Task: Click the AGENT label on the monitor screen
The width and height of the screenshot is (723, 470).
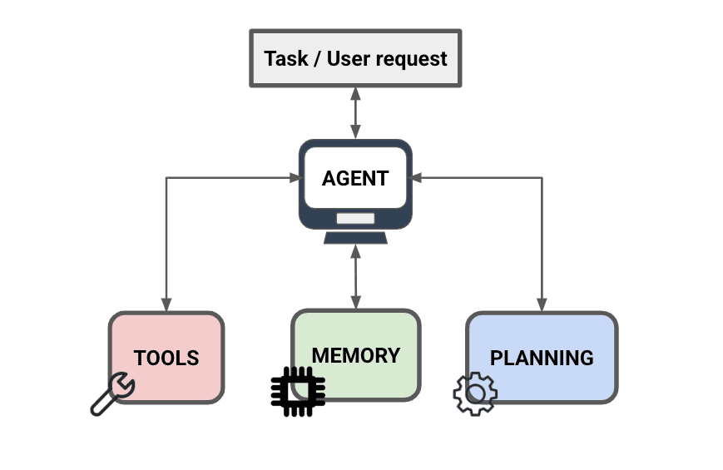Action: coord(355,178)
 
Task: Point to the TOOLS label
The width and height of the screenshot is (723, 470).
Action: coord(166,359)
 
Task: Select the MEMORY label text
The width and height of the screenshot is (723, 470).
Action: coord(355,355)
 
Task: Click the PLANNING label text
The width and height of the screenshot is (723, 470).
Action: coord(542,359)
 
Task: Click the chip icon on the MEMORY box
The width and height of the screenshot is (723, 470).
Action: coord(297,390)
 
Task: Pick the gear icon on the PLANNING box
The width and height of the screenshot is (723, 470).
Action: coord(474,394)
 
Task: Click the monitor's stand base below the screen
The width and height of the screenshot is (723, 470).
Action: coord(355,238)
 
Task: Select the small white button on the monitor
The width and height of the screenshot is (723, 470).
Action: coord(355,219)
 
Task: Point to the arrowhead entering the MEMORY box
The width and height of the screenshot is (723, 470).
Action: coord(355,304)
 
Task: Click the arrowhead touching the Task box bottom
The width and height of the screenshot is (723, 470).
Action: coord(355,92)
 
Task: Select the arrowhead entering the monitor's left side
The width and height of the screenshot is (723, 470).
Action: coord(294,177)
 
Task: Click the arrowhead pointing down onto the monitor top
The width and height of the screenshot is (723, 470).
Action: coord(355,132)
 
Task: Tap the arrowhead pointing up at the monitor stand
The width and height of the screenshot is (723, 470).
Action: coord(355,250)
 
